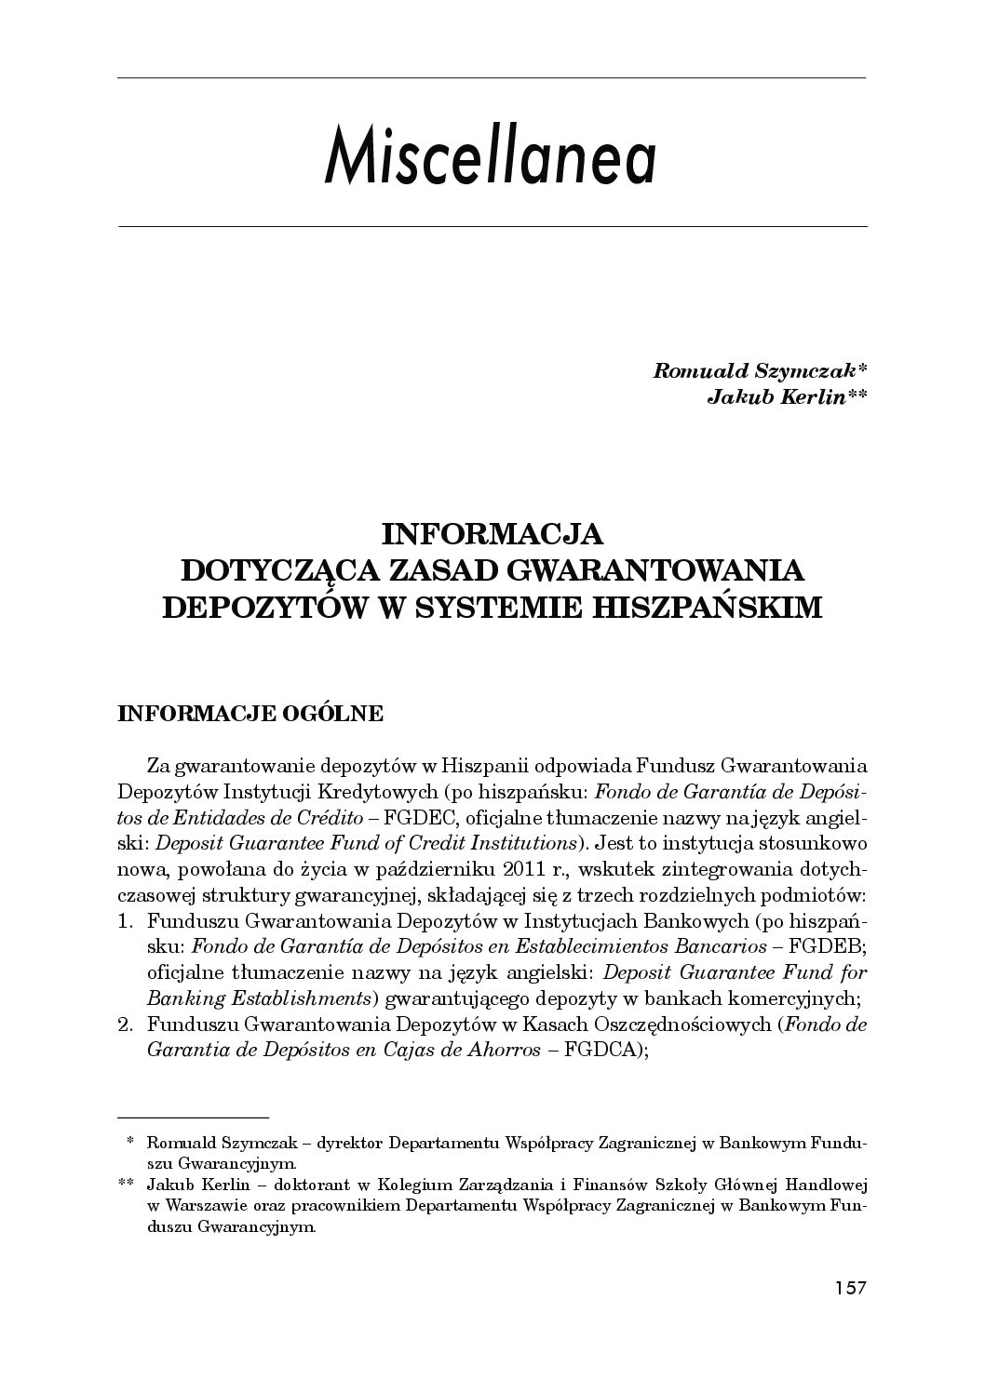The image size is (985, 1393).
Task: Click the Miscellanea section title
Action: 491,158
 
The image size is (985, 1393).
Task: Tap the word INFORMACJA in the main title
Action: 492,534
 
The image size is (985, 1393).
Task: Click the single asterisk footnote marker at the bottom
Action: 131,1140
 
